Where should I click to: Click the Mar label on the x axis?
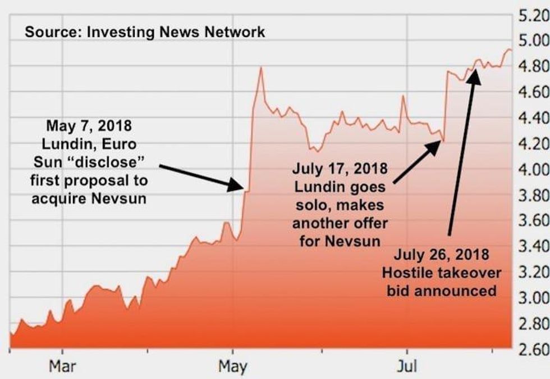tap(63, 367)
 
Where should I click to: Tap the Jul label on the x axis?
tap(406, 367)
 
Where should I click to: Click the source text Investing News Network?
tap(145, 32)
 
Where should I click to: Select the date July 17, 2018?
tap(340, 168)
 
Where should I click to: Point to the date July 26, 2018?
tap(441, 254)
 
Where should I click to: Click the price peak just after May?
tap(260, 68)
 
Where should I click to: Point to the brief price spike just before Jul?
tap(403, 96)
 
